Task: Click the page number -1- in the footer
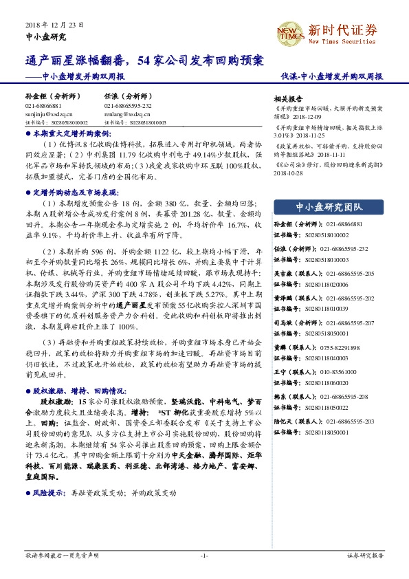204,556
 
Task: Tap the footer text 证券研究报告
364,556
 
